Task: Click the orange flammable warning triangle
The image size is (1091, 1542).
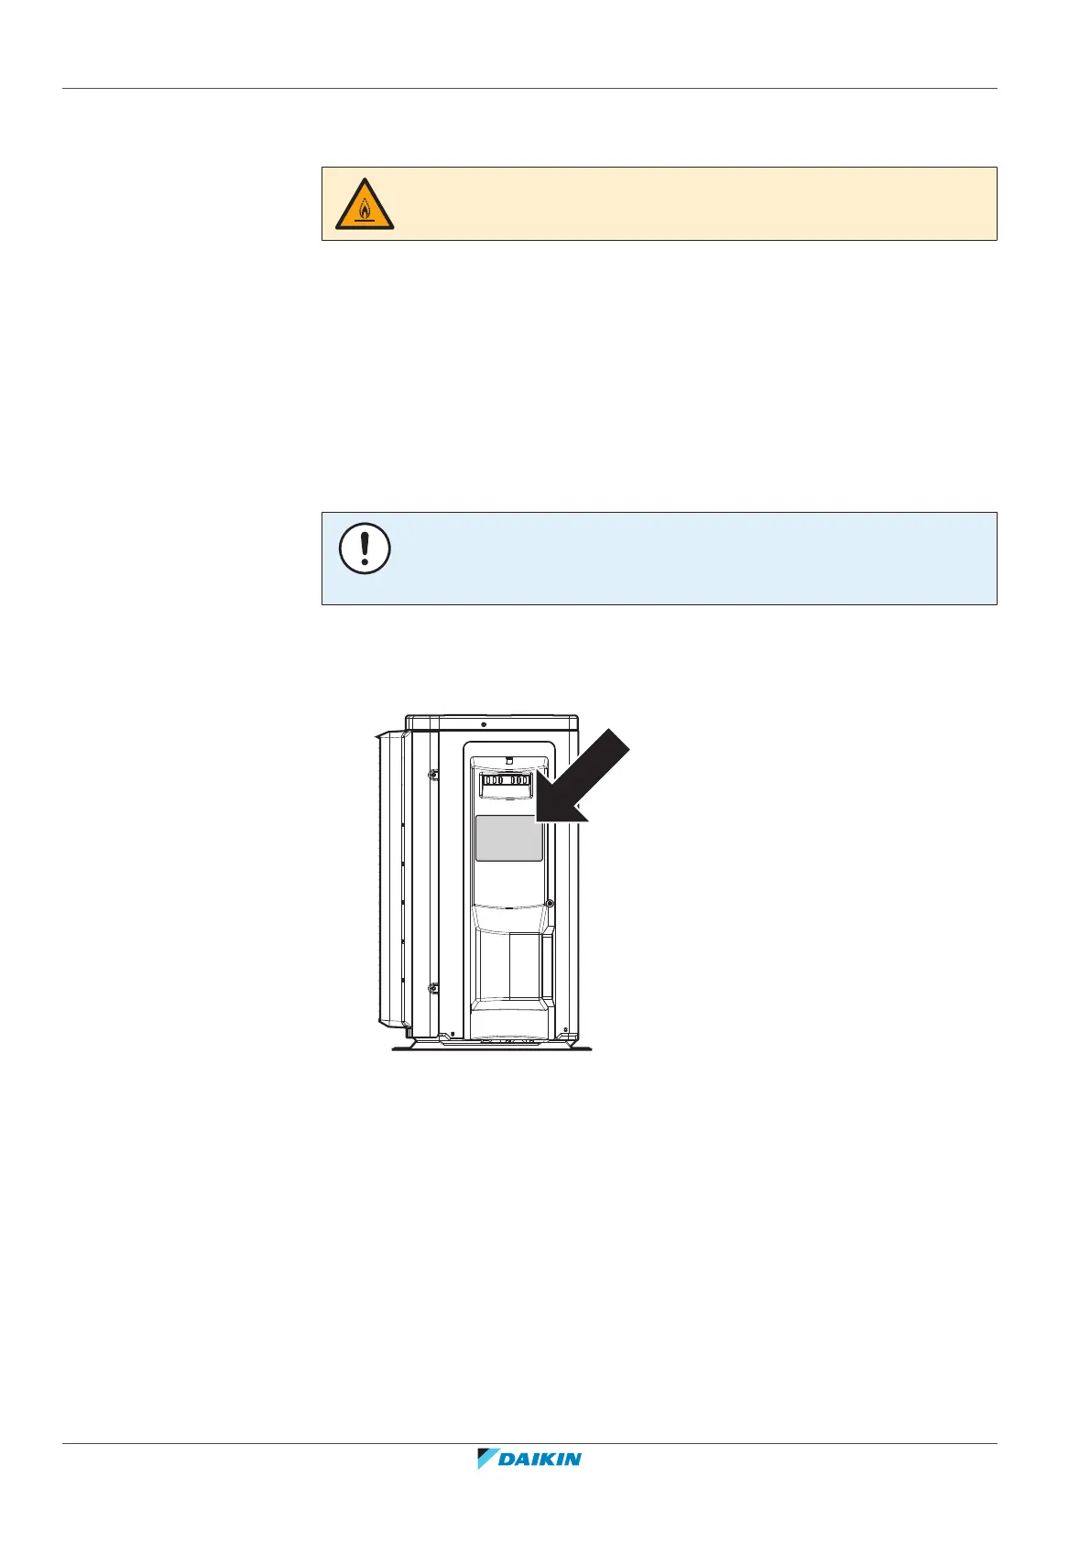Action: [365, 205]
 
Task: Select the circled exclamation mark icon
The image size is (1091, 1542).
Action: [365, 549]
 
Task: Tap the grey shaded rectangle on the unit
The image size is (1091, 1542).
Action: [508, 839]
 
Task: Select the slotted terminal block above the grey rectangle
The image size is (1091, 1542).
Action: [507, 781]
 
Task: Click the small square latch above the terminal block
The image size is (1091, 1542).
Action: [508, 760]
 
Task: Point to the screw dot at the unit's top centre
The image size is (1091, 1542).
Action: [484, 724]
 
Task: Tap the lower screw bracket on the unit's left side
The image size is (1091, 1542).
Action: [432, 988]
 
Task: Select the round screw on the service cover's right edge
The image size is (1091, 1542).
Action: [549, 903]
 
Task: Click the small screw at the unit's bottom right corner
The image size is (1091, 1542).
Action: [566, 1027]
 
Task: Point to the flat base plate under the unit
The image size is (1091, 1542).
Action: [492, 1047]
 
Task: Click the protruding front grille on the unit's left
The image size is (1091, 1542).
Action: [390, 877]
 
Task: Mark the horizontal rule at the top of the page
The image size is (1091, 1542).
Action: [529, 89]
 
